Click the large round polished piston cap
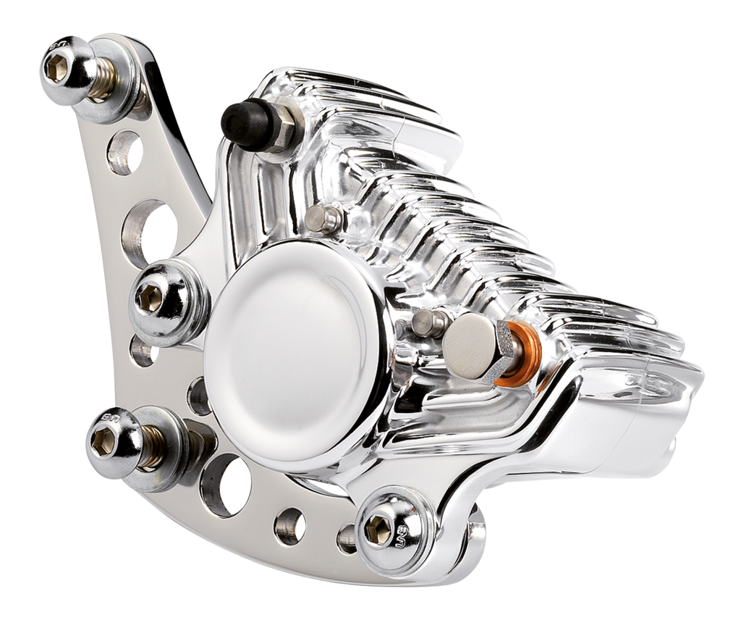(293, 347)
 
